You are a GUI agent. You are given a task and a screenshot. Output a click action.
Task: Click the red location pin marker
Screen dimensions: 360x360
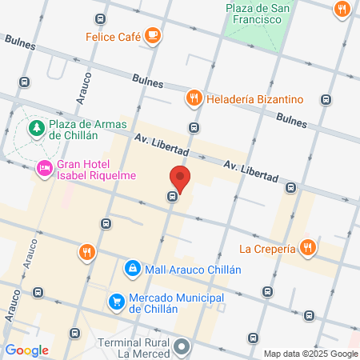pyautogui.click(x=180, y=179)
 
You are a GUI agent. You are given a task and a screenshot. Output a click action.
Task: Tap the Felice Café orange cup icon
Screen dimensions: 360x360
pyautogui.click(x=153, y=36)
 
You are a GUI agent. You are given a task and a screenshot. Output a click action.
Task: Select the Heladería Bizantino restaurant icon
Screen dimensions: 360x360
pyautogui.click(x=193, y=99)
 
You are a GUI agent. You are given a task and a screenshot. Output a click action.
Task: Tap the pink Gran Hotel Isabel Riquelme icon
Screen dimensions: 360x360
pyautogui.click(x=43, y=169)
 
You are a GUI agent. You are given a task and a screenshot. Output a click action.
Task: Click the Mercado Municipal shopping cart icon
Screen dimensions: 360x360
pyautogui.click(x=117, y=302)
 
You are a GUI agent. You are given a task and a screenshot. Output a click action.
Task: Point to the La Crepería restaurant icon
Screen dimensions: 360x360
pyautogui.click(x=307, y=248)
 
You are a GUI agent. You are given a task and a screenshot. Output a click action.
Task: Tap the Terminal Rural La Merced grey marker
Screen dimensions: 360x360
pyautogui.click(x=182, y=346)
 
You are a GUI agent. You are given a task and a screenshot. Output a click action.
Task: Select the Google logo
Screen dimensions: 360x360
pyautogui.click(x=26, y=350)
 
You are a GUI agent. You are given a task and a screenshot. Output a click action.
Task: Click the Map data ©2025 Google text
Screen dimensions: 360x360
pyautogui.click(x=311, y=354)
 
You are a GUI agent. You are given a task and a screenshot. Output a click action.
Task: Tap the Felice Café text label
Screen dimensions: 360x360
pyautogui.click(x=114, y=37)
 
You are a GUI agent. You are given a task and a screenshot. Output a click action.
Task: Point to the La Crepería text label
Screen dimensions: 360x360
pyautogui.click(x=268, y=249)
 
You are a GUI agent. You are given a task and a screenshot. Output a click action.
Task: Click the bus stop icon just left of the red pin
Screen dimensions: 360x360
pyautogui.click(x=172, y=196)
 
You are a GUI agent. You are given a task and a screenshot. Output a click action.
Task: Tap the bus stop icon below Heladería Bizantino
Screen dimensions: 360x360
pyautogui.click(x=194, y=127)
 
